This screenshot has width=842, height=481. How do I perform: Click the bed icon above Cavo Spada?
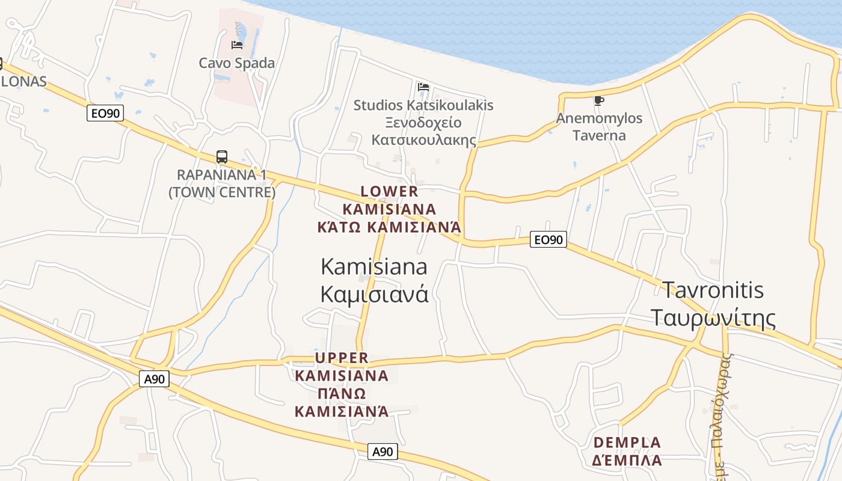(237, 44)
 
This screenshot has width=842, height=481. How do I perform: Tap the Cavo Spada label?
(236, 63)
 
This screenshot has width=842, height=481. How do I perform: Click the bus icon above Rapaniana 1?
(222, 157)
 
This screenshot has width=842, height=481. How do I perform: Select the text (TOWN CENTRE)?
(222, 192)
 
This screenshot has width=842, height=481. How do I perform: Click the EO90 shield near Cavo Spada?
(105, 113)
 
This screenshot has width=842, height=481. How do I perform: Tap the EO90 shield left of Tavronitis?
(549, 240)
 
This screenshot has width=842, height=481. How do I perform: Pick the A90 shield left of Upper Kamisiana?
(155, 379)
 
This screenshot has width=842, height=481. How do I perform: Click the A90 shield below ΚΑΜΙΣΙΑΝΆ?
(383, 452)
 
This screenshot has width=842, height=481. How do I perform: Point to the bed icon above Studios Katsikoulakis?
(423, 87)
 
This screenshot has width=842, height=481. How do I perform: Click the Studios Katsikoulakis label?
(423, 105)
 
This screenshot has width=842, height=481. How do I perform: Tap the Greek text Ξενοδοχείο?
(423, 123)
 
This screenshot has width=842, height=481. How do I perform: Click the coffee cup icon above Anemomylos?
(598, 100)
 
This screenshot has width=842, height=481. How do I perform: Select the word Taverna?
(599, 135)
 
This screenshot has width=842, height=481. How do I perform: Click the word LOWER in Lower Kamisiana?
(389, 192)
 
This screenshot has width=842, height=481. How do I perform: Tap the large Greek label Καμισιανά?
(374, 294)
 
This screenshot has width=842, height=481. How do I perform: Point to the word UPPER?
(342, 358)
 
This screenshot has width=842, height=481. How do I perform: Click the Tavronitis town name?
(713, 290)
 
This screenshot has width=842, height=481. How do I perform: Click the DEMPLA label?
(627, 443)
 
